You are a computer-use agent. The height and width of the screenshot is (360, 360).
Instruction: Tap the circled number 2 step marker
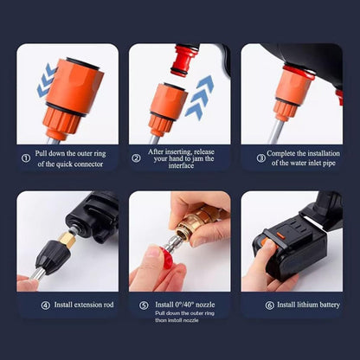tap(137, 157)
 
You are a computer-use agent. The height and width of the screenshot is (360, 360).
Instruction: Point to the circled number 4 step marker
tap(46, 305)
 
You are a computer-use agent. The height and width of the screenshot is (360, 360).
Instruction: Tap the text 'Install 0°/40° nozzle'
tap(185, 305)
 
